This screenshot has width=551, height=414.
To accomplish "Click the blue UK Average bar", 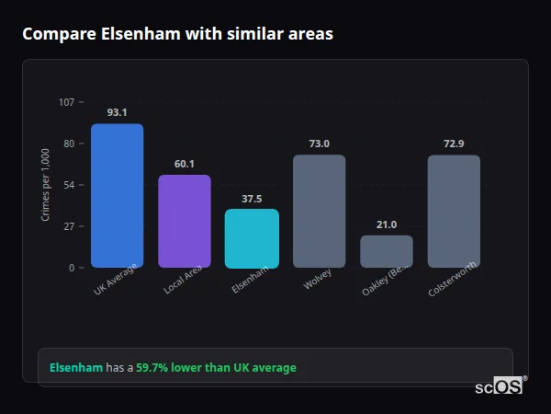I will (117, 196).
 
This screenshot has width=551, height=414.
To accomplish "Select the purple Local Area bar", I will (185, 222).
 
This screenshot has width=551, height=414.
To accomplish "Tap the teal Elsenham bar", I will (252, 238).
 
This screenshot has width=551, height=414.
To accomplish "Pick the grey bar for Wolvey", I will (319, 212).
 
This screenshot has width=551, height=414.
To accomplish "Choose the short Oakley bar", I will (387, 251).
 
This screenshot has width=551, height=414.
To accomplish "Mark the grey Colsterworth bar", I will (454, 212).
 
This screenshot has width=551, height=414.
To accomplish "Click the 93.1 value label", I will (117, 112).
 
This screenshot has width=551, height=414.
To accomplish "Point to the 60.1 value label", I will (185, 164).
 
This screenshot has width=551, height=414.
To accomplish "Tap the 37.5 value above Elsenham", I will (252, 198).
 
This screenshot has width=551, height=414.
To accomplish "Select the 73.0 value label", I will (319, 144).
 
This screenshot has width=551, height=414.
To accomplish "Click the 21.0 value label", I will (387, 224).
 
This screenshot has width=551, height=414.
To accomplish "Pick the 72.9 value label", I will (454, 144).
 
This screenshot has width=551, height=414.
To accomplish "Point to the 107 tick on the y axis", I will (66, 102).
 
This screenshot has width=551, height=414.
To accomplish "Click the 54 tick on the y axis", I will (69, 185).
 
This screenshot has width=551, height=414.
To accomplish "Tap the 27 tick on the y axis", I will (69, 226).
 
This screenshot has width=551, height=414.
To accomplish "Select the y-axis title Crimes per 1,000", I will (46, 184).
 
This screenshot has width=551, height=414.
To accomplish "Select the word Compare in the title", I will (57, 34).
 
